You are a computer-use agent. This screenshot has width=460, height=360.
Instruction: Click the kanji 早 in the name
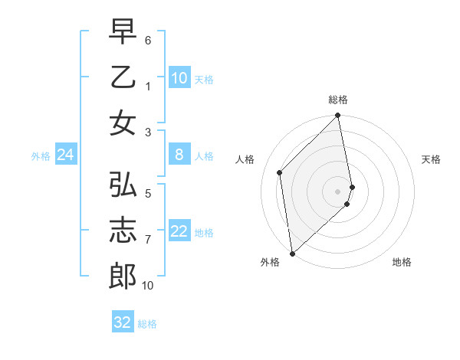click(123, 31)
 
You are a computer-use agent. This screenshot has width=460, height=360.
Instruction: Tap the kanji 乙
click(123, 77)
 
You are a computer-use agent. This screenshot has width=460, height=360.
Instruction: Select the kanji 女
click(123, 123)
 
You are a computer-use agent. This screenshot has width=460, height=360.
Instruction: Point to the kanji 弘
click(123, 185)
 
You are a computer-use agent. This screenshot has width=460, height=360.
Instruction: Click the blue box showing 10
click(179, 78)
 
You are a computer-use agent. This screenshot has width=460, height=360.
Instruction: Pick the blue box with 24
click(66, 155)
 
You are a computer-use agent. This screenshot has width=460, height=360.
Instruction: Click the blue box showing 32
click(123, 322)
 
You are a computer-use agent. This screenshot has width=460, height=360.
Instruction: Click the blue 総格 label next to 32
click(147, 324)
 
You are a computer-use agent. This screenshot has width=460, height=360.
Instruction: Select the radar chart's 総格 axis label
click(338, 100)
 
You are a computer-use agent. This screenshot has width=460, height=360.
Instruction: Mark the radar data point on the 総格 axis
click(338, 116)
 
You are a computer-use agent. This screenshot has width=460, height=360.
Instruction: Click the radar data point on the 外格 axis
click(292, 253)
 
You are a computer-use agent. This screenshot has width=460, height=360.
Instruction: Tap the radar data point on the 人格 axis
click(280, 172)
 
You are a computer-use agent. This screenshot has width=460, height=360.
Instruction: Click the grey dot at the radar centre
click(338, 191)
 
